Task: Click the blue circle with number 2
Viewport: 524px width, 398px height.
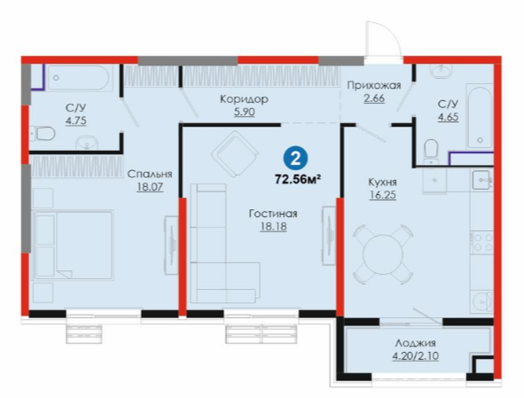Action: tap(295, 159)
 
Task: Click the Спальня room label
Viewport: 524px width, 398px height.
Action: tap(150, 174)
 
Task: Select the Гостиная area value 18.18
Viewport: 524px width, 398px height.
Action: tap(273, 227)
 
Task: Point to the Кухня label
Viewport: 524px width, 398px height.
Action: tap(382, 183)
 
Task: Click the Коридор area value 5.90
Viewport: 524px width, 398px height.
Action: tap(245, 112)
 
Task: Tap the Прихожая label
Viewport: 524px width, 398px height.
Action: tap(374, 86)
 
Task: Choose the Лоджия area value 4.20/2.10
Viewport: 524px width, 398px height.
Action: tap(416, 356)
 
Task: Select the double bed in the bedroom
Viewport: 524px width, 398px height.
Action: tap(74, 245)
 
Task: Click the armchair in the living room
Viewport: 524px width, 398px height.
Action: tap(235, 154)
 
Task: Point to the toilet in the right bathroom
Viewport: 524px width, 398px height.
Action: tap(431, 152)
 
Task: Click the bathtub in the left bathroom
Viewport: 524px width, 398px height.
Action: tap(78, 77)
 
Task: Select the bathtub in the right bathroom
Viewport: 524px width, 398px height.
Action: tap(480, 117)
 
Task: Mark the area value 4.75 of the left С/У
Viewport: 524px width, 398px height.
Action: tap(76, 121)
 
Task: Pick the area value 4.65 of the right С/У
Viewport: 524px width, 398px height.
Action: tap(448, 117)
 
